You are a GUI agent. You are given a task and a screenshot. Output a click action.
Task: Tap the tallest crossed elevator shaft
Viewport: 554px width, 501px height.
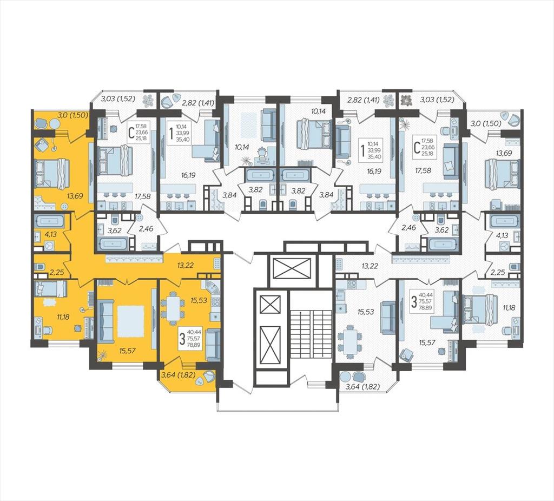pyautogui.click(x=270, y=345)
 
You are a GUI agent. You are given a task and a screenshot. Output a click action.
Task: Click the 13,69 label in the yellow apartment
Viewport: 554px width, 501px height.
pyautogui.click(x=75, y=195)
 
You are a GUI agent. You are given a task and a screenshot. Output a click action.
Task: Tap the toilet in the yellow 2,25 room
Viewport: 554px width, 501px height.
pyautogui.click(x=40, y=266)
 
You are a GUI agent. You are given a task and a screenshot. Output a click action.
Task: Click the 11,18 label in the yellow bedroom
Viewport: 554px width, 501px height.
pyautogui.click(x=63, y=317)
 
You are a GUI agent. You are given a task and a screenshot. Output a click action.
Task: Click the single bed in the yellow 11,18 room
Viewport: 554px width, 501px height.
pyautogui.click(x=50, y=288)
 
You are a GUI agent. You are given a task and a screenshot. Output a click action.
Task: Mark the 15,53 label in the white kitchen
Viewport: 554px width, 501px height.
pyautogui.click(x=365, y=312)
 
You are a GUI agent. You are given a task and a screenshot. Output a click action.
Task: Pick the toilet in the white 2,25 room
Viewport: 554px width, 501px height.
pyautogui.click(x=514, y=266)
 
